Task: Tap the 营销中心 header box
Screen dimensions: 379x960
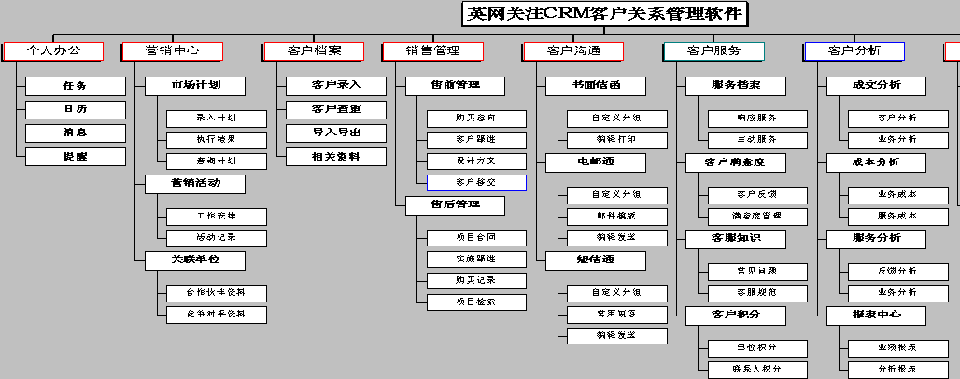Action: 172,51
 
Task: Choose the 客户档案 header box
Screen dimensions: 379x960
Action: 314,51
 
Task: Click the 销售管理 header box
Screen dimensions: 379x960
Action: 432,51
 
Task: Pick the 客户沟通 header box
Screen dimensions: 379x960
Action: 573,51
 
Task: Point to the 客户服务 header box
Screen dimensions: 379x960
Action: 713,51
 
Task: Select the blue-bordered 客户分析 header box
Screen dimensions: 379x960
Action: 854,51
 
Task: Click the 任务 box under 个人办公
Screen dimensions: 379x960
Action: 75,86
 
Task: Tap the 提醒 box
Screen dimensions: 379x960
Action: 75,157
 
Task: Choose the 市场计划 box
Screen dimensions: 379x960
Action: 195,86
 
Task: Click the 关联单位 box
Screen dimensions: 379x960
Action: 195,260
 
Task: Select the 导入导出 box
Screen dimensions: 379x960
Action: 336,133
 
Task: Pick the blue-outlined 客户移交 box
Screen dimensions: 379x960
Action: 476,183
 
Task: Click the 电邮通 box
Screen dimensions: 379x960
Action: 595,161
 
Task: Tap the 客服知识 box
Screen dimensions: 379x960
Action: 736,238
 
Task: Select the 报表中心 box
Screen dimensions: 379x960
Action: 876,315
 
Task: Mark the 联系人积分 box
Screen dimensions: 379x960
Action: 756,370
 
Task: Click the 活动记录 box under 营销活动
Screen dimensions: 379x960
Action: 216,237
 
